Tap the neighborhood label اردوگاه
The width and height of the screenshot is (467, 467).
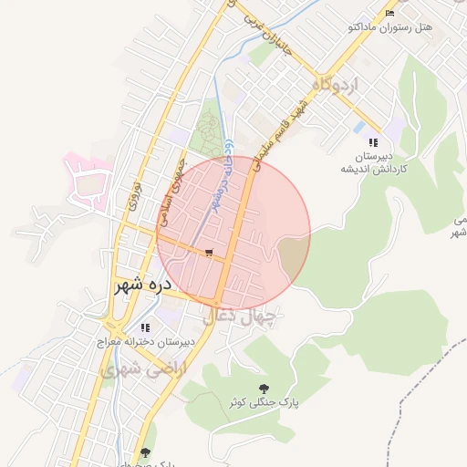[x=336, y=86]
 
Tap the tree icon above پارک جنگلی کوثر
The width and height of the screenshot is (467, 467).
[x=265, y=387]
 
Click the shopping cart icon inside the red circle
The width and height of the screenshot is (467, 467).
[x=210, y=253]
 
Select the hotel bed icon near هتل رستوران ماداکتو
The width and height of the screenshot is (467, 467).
[x=390, y=14]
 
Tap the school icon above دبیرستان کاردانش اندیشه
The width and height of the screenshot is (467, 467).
[x=372, y=142]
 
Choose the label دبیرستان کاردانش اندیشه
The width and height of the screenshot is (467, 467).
[x=374, y=162]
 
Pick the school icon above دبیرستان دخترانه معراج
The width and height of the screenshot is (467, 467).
[x=145, y=327]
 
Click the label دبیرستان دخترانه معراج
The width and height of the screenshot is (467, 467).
[x=146, y=344]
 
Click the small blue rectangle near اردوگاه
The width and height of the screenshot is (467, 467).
[x=358, y=126]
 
